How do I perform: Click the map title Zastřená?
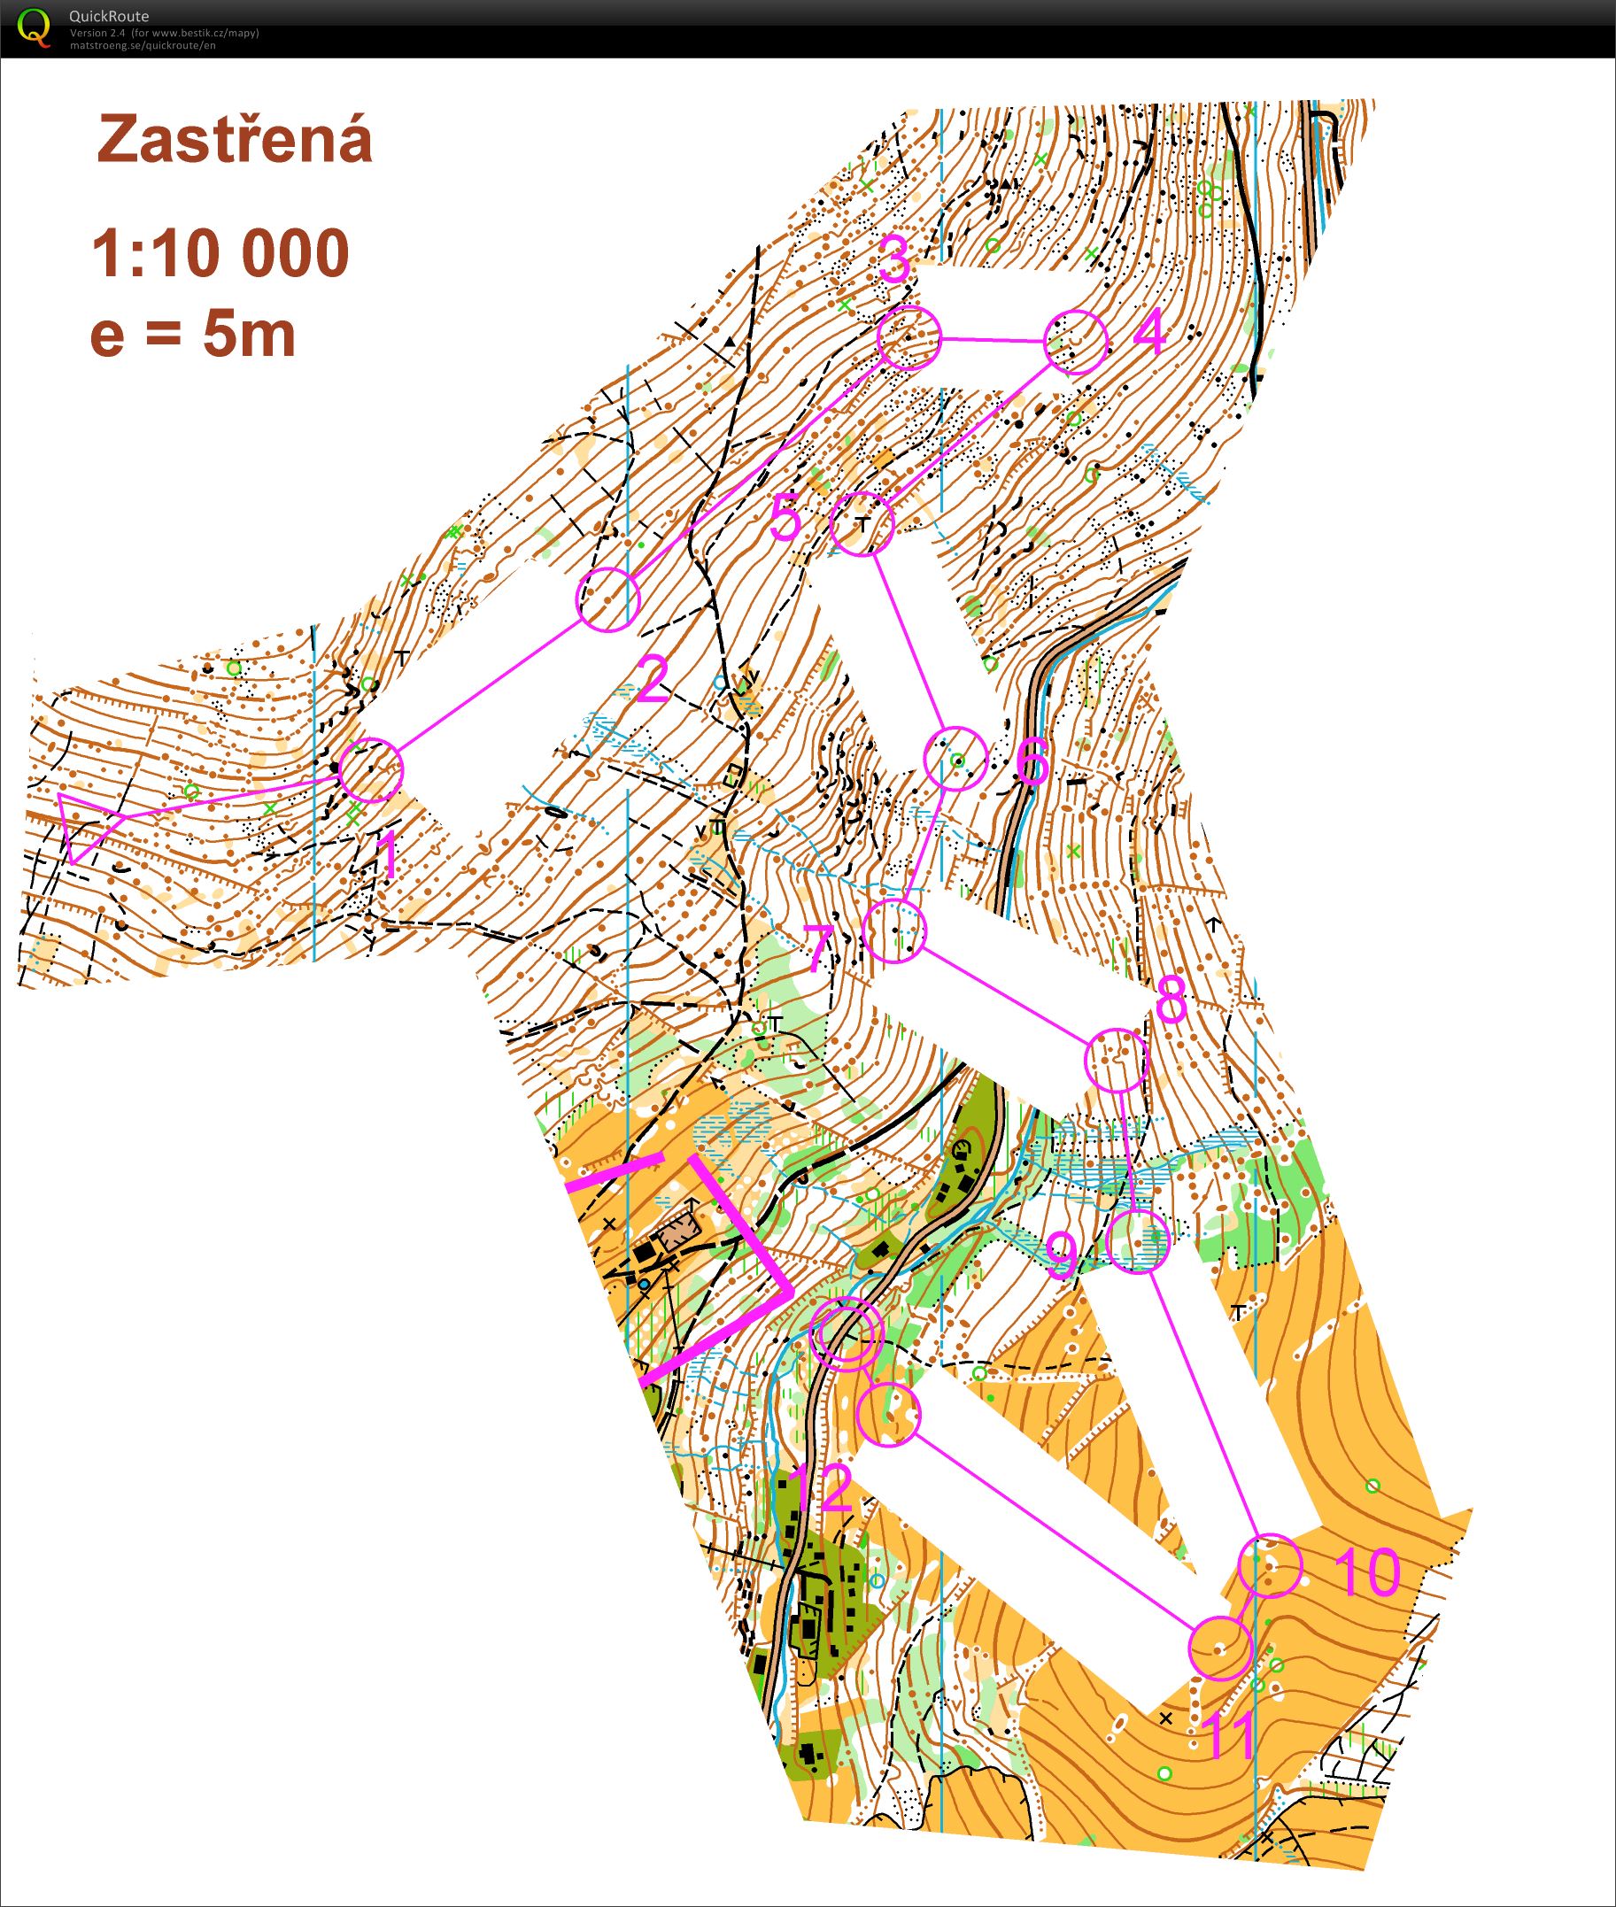[x=235, y=140]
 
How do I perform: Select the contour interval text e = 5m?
[x=193, y=336]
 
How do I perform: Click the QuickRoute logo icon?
[x=34, y=27]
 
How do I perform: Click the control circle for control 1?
[x=371, y=769]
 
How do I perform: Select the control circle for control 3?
[x=909, y=338]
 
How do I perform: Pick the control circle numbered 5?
[x=862, y=524]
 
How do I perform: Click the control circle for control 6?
[x=955, y=759]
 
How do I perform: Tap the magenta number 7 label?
[x=821, y=949]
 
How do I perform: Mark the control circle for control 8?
[x=1115, y=1060]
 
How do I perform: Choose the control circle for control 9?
[x=1138, y=1241]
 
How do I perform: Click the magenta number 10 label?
[x=1366, y=1571]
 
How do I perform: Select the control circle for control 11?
[x=1219, y=1648]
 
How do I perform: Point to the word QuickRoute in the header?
[x=108, y=16]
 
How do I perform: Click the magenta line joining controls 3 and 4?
[x=992, y=340]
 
